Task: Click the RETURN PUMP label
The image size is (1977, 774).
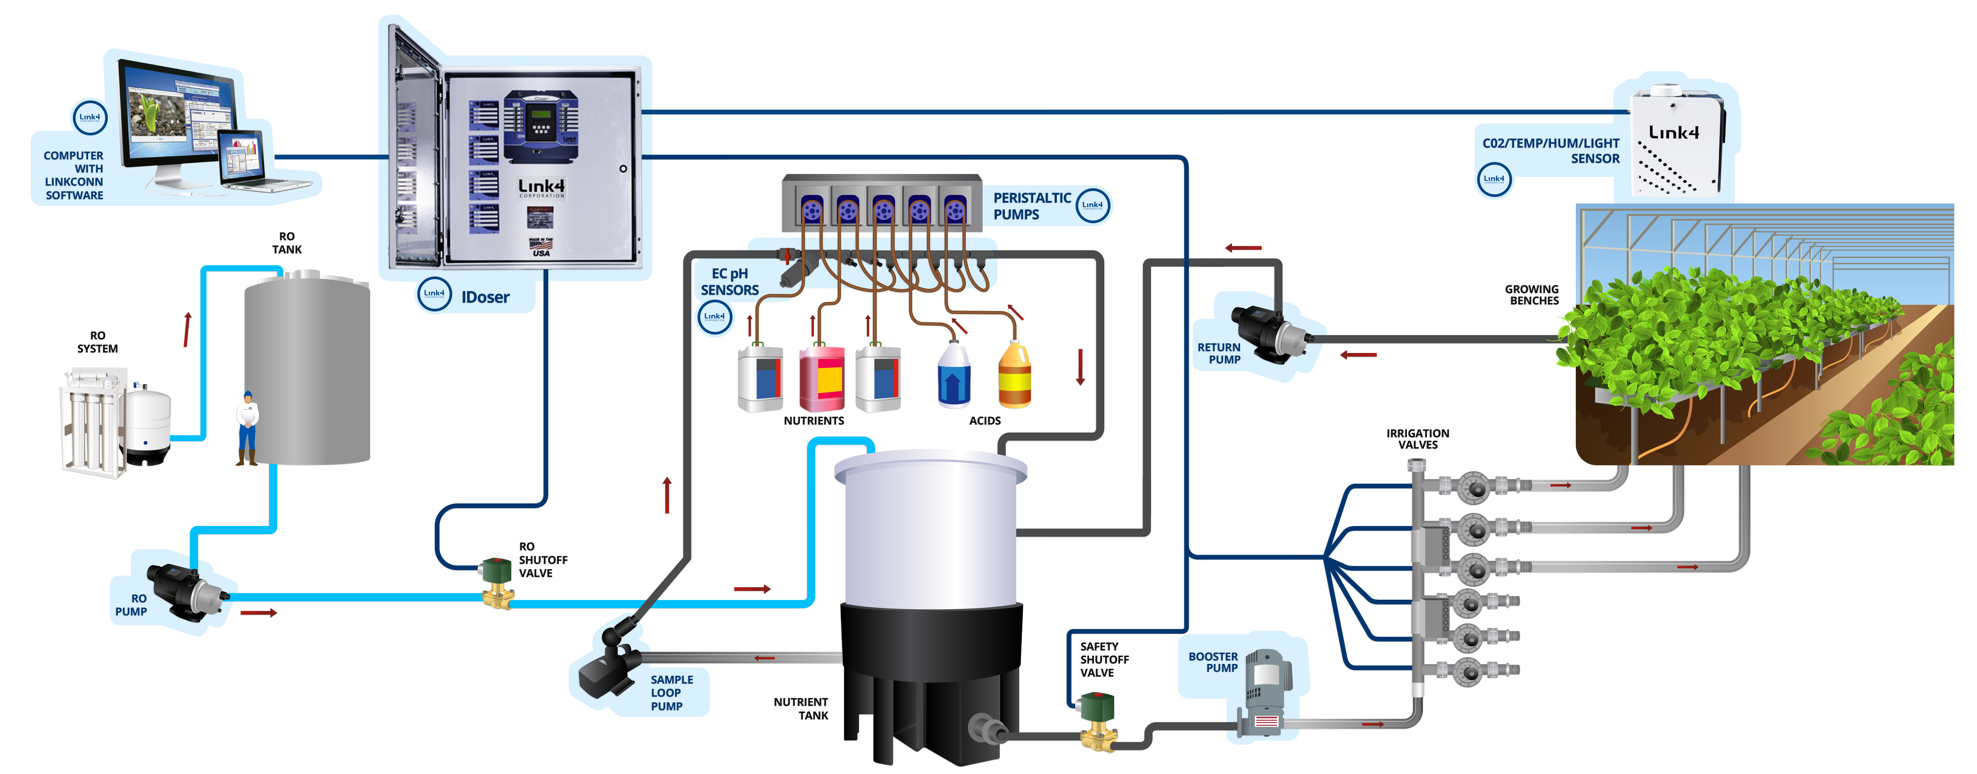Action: tap(1219, 353)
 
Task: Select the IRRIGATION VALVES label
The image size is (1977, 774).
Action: tap(1417, 439)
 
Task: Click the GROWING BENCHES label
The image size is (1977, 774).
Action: tap(1532, 295)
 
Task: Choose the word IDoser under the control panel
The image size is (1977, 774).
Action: tap(485, 297)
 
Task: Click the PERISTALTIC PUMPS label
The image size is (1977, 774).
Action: tap(1031, 206)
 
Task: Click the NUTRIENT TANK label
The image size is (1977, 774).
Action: tap(801, 708)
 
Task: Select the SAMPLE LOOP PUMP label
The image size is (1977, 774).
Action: tap(671, 693)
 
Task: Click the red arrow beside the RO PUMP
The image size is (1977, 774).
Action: tap(258, 613)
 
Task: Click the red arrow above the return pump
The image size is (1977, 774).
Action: tap(1243, 248)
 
